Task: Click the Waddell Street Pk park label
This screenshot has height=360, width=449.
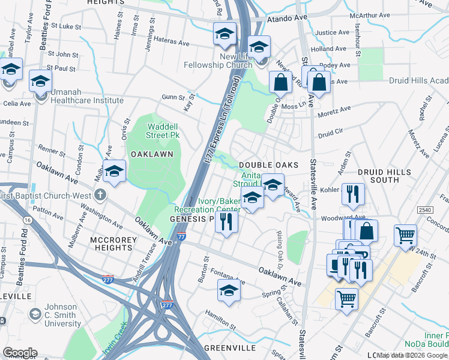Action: click(x=163, y=130)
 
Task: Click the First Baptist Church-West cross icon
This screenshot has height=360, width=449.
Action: click(x=100, y=195)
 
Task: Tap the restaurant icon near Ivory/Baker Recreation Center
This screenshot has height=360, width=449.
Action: click(x=226, y=221)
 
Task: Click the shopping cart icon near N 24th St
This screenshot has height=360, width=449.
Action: click(x=406, y=235)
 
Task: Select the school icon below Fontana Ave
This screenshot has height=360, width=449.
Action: click(x=228, y=292)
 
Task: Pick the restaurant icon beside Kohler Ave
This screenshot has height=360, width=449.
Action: click(x=352, y=194)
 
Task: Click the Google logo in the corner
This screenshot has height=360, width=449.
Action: click(x=19, y=353)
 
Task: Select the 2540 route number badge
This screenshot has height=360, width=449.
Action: click(x=425, y=209)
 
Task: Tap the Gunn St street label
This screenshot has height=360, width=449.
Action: click(x=172, y=96)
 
